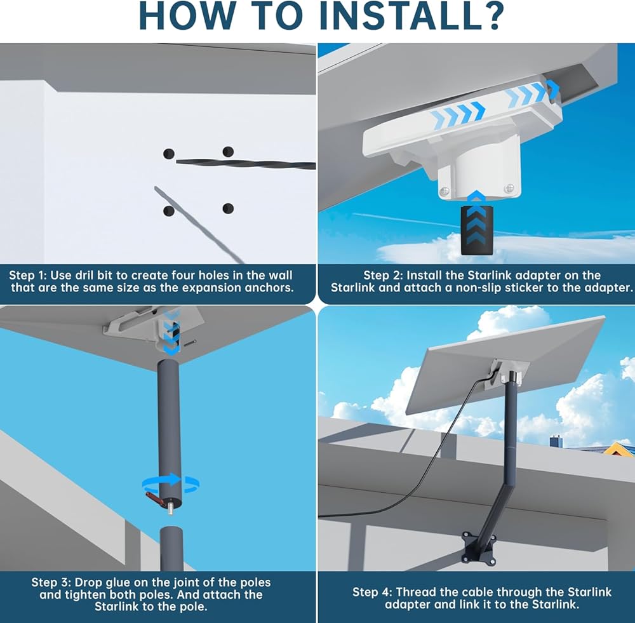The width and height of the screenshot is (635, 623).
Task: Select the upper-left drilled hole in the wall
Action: [x=168, y=153]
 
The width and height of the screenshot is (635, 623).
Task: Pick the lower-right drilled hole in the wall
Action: [x=228, y=208]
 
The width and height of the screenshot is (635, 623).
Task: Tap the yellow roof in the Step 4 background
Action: [x=619, y=450]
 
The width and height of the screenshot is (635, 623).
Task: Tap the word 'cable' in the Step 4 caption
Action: [x=475, y=592]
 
